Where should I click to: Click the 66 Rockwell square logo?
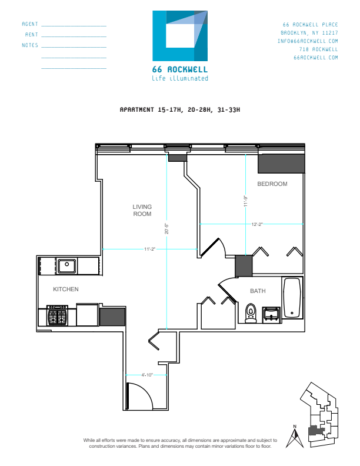tap(180, 36)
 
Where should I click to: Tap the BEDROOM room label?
tap(272, 184)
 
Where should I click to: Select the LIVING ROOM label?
tap(142, 210)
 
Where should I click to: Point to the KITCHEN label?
tap(66, 289)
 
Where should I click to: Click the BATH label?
tap(258, 291)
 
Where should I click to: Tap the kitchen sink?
tap(68, 265)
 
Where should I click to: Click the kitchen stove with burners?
tap(58, 317)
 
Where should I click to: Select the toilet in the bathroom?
tap(251, 313)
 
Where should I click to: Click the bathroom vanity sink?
tap(271, 314)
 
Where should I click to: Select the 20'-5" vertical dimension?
tap(167, 229)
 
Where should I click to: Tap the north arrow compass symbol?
tap(295, 438)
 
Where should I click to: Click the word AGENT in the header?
tap(30, 24)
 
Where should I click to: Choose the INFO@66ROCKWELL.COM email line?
tap(309, 41)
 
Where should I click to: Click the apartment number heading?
tap(180, 110)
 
